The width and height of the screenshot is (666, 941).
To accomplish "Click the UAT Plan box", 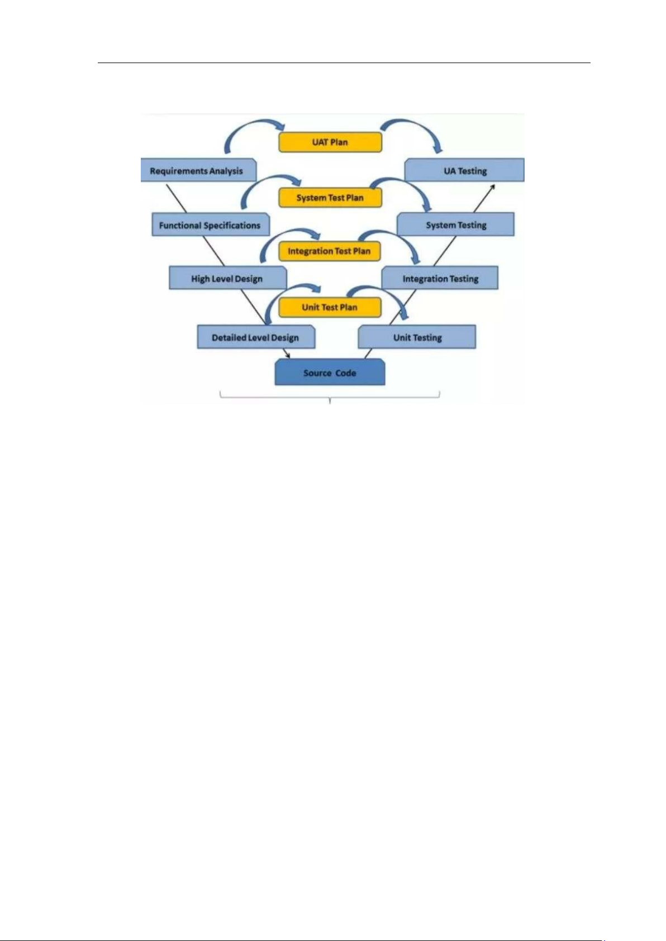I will tap(330, 142).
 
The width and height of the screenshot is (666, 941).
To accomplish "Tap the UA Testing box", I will tap(465, 171).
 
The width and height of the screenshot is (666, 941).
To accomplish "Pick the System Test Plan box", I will tap(330, 198).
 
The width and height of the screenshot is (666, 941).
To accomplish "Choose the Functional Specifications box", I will tap(210, 225).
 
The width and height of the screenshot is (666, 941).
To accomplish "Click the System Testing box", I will tap(456, 225).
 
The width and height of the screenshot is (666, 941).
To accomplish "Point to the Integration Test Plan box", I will tap(329, 251).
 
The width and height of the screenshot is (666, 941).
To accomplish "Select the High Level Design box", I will tap(227, 279).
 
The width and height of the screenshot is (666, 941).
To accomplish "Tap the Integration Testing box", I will tap(440, 279).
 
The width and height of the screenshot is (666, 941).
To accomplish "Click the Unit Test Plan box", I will tap(330, 307).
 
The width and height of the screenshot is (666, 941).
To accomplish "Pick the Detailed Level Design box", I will tap(255, 337).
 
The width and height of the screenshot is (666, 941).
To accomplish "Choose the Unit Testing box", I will tap(417, 337).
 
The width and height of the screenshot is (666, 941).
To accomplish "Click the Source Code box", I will tap(330, 372).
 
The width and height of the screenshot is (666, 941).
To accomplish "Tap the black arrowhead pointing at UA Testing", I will tap(492, 188).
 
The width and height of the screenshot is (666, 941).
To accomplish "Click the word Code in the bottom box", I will tap(345, 372).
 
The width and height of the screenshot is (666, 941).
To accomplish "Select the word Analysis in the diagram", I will tap(226, 171).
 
